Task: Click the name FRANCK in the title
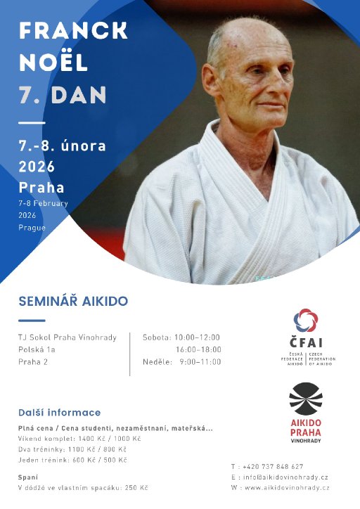73,31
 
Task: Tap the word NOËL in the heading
53,63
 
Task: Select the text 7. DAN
63,94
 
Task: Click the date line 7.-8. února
63,146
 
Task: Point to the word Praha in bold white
41,188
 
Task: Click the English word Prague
32,228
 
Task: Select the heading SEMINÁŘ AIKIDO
73,302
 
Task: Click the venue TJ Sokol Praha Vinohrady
67,337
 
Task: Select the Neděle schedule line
181,361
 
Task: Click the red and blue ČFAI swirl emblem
306,321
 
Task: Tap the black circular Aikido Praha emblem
306,399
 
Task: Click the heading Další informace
60,413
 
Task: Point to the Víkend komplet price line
79,438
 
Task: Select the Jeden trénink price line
72,460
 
